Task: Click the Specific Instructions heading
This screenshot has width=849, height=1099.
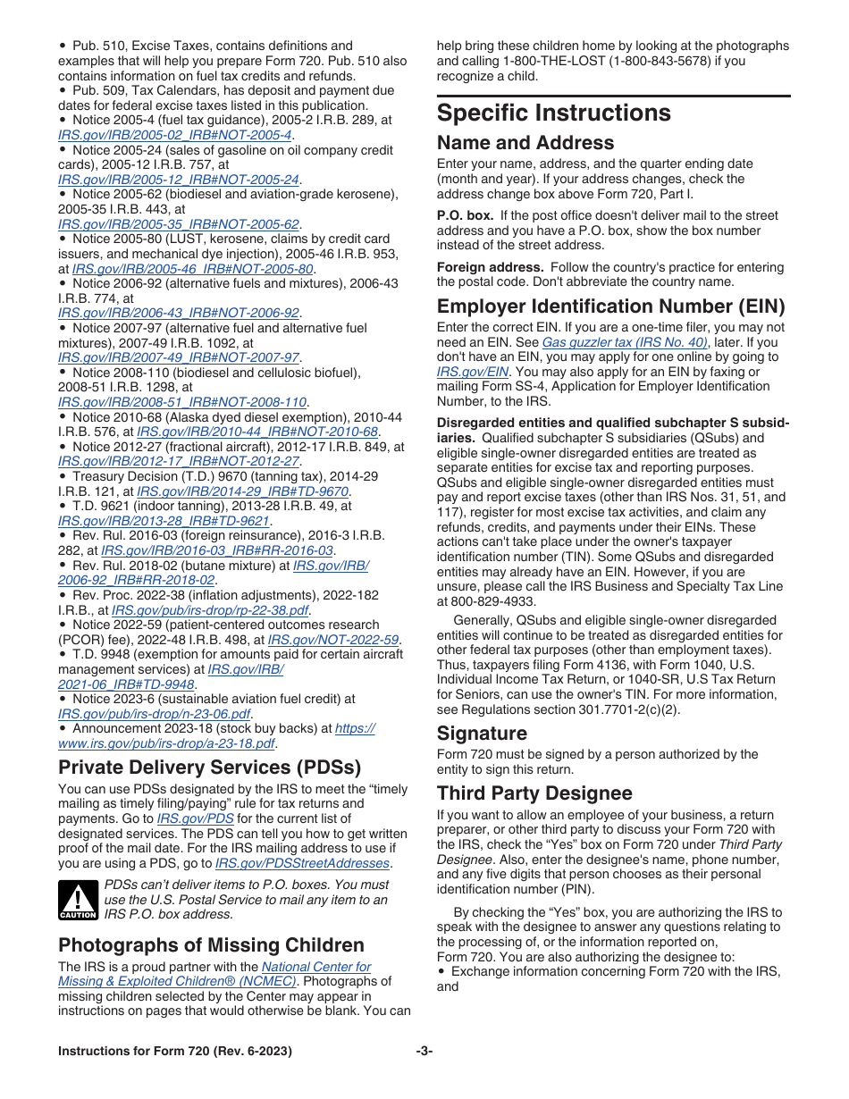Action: click(x=553, y=113)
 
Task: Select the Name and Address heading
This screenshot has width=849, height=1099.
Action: click(x=525, y=143)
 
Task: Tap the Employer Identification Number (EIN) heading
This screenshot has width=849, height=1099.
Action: click(x=610, y=306)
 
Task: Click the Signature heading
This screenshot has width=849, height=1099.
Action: click(x=482, y=734)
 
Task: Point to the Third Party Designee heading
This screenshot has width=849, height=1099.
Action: click(x=534, y=793)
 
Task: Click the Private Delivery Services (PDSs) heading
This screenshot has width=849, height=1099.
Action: click(x=209, y=768)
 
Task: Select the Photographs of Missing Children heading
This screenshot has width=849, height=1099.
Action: click(x=211, y=945)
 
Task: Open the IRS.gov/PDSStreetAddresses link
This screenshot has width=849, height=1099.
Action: click(x=302, y=863)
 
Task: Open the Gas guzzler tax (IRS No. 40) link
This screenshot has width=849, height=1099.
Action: click(x=625, y=342)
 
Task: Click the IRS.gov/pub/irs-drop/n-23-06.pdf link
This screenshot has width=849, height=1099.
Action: click(x=154, y=714)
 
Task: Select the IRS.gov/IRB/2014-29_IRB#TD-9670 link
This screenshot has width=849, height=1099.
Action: click(x=242, y=491)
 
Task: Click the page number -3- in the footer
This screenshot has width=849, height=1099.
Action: click(x=424, y=1051)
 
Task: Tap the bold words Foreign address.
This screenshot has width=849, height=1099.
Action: click(x=490, y=267)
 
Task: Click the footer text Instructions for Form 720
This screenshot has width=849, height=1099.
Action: click(x=174, y=1051)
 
